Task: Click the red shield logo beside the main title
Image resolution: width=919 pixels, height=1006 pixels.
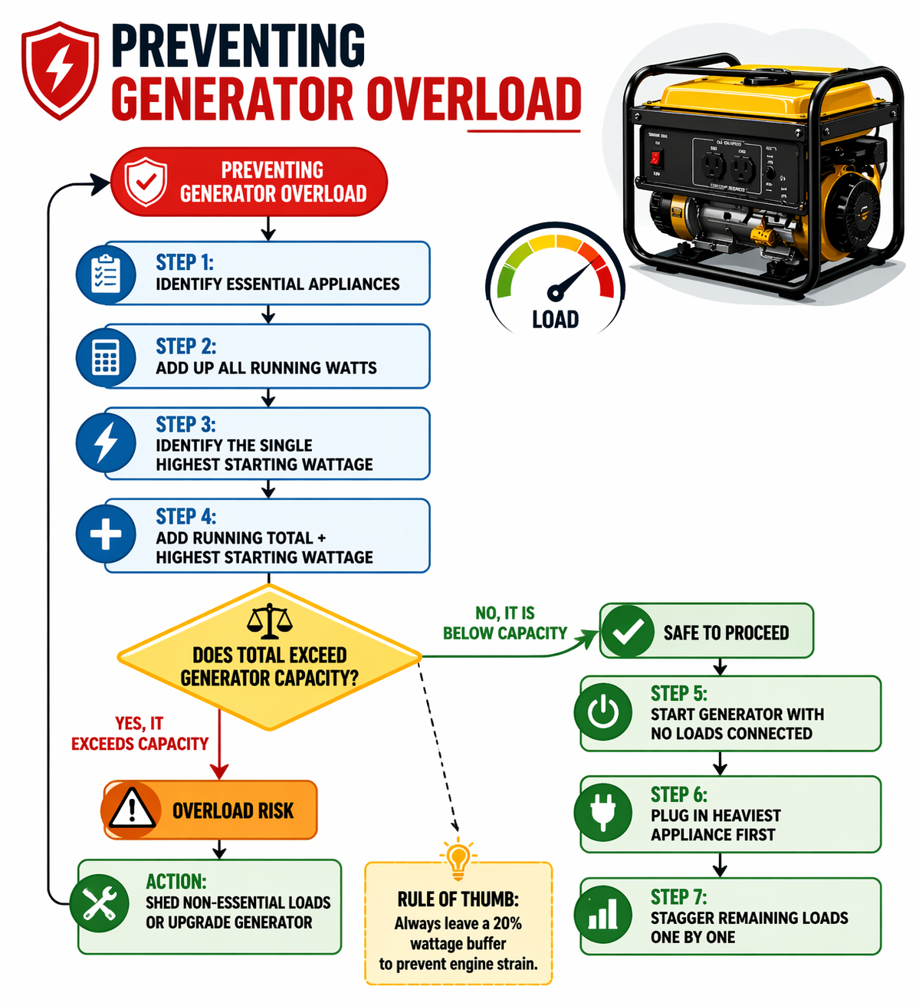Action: [60, 71]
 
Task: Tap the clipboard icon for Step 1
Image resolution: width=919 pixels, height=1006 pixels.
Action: [106, 274]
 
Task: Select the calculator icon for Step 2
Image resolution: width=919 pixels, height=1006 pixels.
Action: [106, 357]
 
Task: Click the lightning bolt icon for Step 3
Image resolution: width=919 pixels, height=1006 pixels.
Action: [106, 442]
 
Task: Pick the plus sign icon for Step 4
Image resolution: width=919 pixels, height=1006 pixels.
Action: [106, 534]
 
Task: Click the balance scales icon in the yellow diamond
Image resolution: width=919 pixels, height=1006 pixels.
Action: [269, 621]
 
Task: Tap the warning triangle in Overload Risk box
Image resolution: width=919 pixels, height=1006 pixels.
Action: [132, 810]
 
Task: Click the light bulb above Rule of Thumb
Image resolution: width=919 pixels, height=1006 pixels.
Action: [458, 858]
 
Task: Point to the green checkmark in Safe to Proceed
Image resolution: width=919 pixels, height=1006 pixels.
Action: [628, 631]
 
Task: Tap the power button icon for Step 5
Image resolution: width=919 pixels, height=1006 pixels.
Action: [603, 712]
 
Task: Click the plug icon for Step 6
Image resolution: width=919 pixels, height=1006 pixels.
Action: [603, 813]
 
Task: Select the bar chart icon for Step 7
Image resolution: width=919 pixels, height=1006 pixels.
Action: [603, 915]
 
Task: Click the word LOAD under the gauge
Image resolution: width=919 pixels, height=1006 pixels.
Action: [555, 320]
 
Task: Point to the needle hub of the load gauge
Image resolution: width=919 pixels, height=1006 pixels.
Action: [555, 292]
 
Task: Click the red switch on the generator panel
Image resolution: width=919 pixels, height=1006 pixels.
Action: [655, 158]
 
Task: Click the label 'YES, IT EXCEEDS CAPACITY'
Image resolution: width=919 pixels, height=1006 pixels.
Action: [139, 734]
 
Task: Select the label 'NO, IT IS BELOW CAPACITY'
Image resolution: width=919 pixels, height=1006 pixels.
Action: [505, 623]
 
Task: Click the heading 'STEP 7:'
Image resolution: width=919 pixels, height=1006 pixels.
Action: [678, 896]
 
